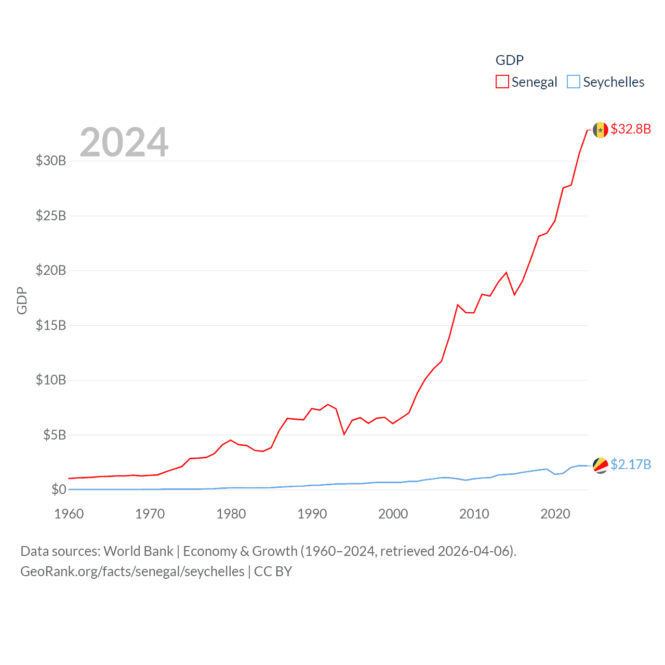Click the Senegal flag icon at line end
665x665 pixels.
[600, 129]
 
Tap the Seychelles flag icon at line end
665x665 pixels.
[600, 465]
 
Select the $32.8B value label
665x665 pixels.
[631, 129]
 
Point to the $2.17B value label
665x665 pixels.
[631, 464]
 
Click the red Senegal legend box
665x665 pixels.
[502, 82]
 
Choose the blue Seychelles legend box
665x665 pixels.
[573, 82]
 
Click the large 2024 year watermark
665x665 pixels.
[124, 142]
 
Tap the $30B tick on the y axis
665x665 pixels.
[51, 161]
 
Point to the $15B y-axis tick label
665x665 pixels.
[51, 325]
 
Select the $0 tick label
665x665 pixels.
[59, 489]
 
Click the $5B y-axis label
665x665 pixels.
[55, 435]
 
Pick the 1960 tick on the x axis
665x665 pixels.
[69, 514]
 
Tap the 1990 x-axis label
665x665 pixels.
[312, 514]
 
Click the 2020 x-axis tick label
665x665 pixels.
[555, 514]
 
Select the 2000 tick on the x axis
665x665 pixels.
[393, 514]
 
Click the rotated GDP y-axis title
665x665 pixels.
[22, 300]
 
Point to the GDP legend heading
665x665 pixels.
[509, 60]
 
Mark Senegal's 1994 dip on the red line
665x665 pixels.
[344, 434]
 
